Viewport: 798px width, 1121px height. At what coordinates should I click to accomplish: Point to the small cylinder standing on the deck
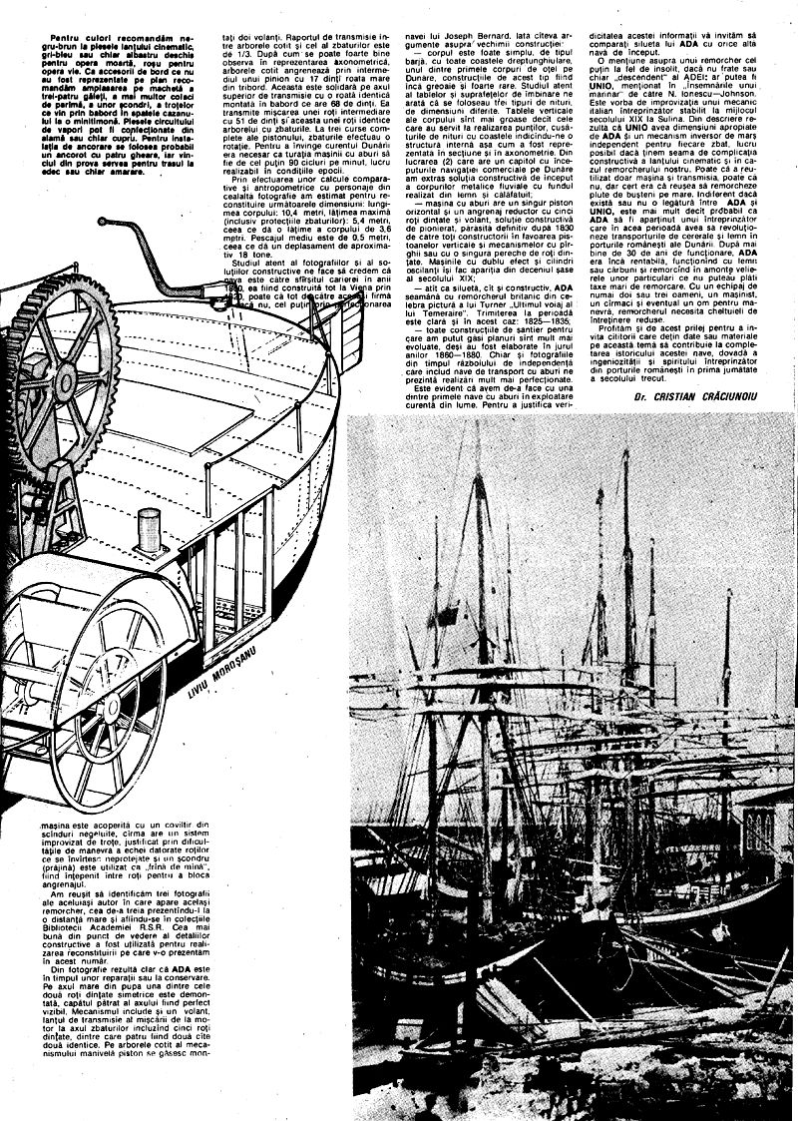click(149, 523)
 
